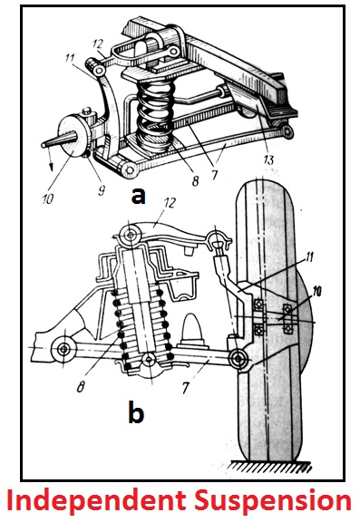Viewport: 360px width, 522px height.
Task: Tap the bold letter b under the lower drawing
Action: [136, 414]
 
